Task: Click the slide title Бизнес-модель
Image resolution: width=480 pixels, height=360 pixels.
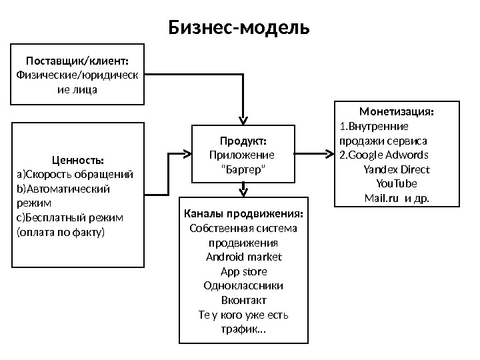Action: point(239,28)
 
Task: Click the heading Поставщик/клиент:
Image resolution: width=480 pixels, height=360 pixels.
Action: point(78,62)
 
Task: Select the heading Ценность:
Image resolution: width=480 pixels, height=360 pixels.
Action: point(77,160)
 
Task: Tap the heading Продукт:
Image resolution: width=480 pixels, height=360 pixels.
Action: point(243,141)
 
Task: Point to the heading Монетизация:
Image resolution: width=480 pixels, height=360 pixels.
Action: point(397,111)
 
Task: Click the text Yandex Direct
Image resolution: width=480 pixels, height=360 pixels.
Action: point(397,169)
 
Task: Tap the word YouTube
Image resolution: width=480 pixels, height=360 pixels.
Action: point(397,183)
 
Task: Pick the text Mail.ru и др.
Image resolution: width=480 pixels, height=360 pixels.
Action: point(397,198)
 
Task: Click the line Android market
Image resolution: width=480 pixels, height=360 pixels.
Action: point(243,257)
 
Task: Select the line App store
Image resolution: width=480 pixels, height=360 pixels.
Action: point(243,271)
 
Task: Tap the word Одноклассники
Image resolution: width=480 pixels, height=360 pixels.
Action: point(243,286)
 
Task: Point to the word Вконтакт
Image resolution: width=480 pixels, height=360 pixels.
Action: point(243,301)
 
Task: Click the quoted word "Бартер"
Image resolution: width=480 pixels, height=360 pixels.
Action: point(243,170)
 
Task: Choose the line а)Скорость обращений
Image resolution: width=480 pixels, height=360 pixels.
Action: point(75,175)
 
